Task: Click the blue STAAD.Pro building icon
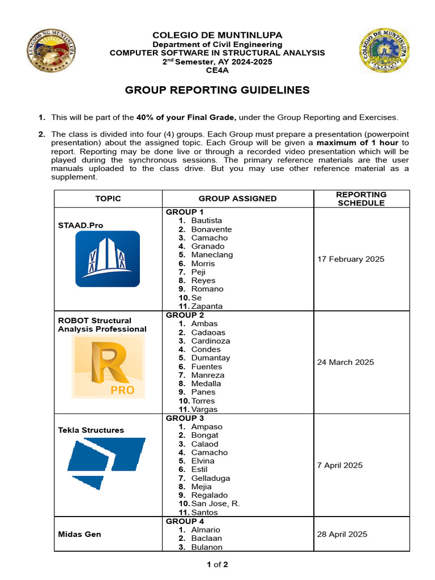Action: [108, 259]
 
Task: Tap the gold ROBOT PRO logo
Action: [108, 366]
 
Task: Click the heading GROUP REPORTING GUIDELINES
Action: [217, 90]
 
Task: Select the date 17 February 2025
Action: [351, 259]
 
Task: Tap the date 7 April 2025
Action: [340, 465]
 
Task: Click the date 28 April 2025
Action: [342, 534]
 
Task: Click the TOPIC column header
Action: [108, 198]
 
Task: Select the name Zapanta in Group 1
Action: [207, 306]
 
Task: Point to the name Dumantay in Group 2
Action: [211, 358]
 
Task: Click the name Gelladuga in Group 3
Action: [210, 478]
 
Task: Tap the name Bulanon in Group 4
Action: [207, 547]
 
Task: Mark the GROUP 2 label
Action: [185, 315]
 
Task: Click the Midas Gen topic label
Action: [79, 534]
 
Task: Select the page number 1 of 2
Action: [217, 564]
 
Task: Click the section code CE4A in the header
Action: [217, 70]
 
